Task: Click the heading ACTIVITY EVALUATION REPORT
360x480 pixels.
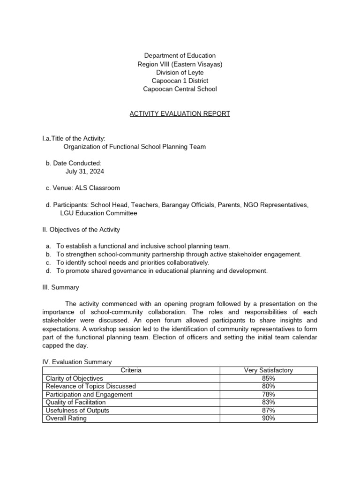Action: [180, 114]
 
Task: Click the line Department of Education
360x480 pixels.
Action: [180, 56]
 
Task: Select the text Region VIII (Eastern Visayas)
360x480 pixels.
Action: [180, 64]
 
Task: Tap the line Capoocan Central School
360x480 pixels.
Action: [180, 89]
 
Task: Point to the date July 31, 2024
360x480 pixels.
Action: [85, 172]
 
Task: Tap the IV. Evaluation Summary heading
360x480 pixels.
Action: [77, 362]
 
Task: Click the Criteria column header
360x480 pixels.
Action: [131, 370]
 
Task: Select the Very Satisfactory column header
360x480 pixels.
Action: [269, 370]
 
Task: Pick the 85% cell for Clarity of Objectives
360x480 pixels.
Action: [269, 378]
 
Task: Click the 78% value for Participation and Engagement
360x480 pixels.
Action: [269, 394]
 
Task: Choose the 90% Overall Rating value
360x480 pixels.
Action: [269, 418]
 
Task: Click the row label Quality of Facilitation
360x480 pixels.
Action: [75, 402]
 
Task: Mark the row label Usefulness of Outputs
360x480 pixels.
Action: [77, 410]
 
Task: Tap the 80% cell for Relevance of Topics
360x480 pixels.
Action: [269, 386]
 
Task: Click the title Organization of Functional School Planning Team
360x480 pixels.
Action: [135, 147]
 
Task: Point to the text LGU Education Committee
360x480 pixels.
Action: [99, 213]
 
